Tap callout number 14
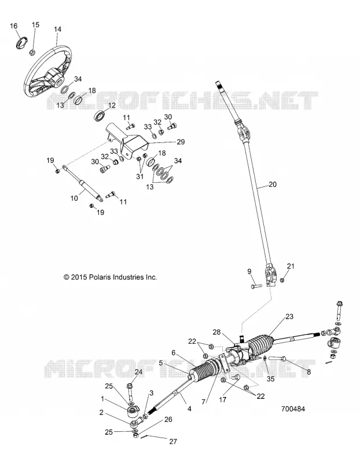(x=57, y=30)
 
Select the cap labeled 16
(x=21, y=42)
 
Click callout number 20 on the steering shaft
(x=273, y=184)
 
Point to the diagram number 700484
(x=293, y=409)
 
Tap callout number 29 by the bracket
(x=181, y=142)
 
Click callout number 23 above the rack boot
(x=289, y=317)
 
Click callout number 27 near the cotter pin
(x=173, y=441)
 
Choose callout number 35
(x=270, y=379)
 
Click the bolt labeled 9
(x=256, y=286)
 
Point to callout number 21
(x=291, y=266)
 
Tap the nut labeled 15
(x=32, y=53)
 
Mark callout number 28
(x=216, y=332)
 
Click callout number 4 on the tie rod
(x=189, y=409)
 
